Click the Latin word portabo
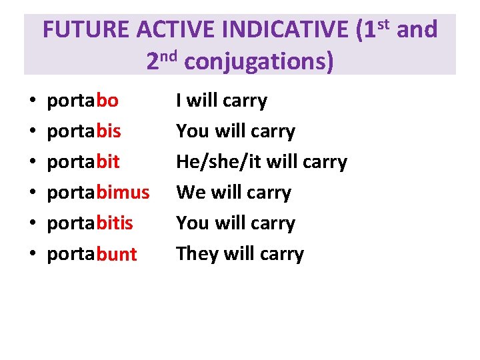(83, 101)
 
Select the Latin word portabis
(84, 131)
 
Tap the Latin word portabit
(83, 162)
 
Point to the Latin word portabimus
(98, 193)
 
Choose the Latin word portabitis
(90, 223)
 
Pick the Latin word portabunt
(92, 254)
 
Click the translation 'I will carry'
(221, 101)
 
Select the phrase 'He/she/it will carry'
(261, 162)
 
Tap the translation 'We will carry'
(233, 193)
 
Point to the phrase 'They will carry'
(239, 254)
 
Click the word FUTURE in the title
(86, 30)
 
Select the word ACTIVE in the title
(176, 30)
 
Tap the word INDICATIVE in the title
(285, 30)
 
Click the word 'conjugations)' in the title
(259, 61)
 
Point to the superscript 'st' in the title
(383, 23)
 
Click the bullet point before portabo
(33, 102)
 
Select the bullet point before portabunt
(33, 255)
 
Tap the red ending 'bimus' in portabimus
(123, 193)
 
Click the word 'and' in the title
(417, 30)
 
